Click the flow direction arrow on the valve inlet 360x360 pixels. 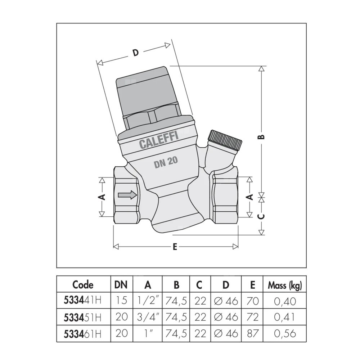tap(127, 195)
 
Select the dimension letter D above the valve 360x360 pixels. tap(135, 53)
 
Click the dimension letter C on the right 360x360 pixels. tap(262, 216)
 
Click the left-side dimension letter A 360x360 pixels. tap(102, 197)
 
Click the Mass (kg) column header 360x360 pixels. tap(285, 285)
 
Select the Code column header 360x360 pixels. tap(83, 285)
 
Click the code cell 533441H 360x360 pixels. tap(83, 301)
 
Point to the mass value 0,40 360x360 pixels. tap(285, 301)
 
